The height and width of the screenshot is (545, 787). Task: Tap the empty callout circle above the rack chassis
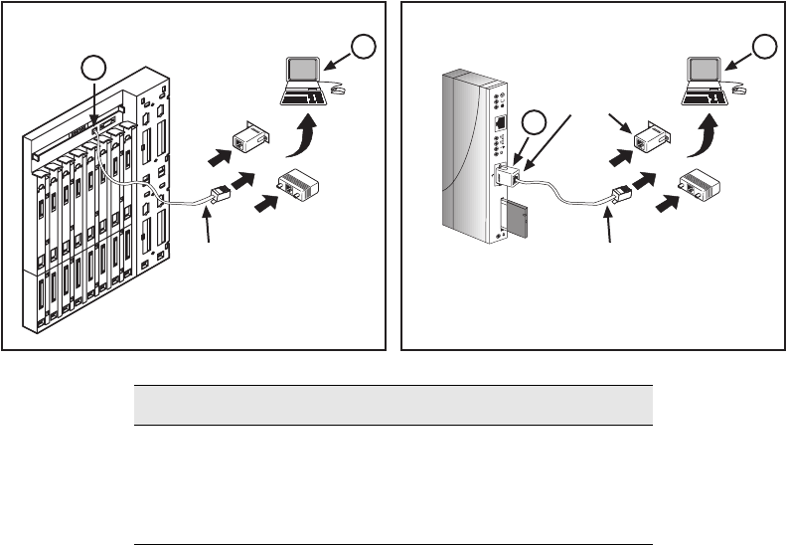pos(94,69)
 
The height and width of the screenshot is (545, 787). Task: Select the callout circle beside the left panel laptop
pos(366,47)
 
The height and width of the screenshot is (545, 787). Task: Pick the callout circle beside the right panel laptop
pos(763,46)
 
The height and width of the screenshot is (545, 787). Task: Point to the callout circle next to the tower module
pos(534,123)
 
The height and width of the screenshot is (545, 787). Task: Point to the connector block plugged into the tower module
pos(507,175)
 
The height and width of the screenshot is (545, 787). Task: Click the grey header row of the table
pos(393,406)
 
